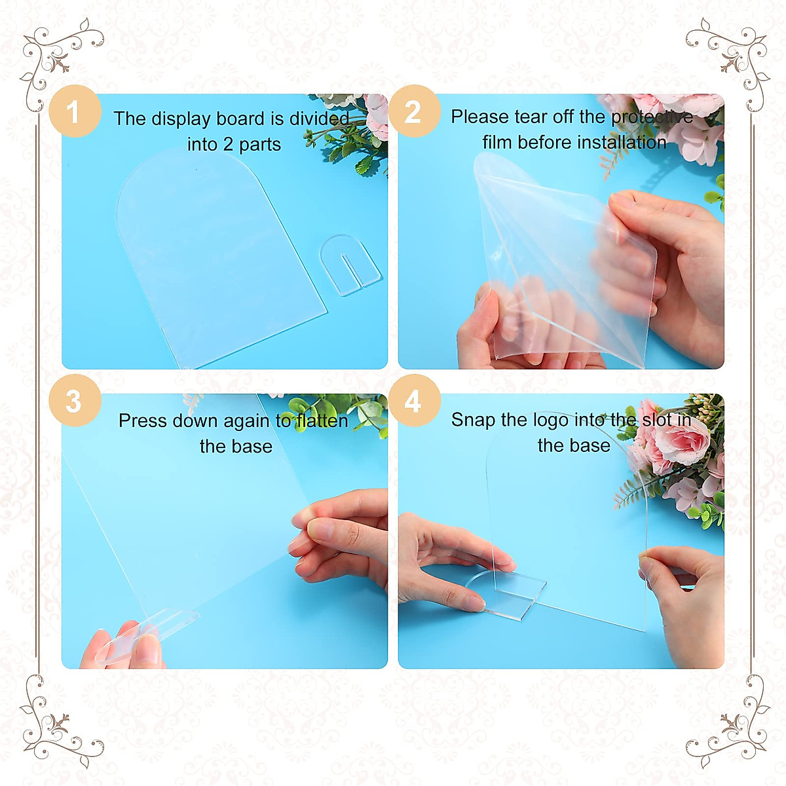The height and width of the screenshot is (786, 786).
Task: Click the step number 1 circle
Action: (x=74, y=111)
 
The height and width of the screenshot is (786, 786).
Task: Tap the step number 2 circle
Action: (x=413, y=111)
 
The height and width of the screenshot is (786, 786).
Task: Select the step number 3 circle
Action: (x=74, y=401)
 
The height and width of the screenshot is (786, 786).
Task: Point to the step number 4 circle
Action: (x=413, y=401)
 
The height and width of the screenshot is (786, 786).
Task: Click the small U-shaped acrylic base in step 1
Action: (x=350, y=265)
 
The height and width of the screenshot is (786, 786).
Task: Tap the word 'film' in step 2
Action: (x=497, y=142)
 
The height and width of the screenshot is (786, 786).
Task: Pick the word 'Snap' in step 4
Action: (x=473, y=420)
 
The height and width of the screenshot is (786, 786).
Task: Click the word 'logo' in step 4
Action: (x=552, y=420)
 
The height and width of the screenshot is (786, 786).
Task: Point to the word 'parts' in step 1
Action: (x=260, y=145)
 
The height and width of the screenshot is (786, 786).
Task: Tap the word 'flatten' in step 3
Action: (x=322, y=421)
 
